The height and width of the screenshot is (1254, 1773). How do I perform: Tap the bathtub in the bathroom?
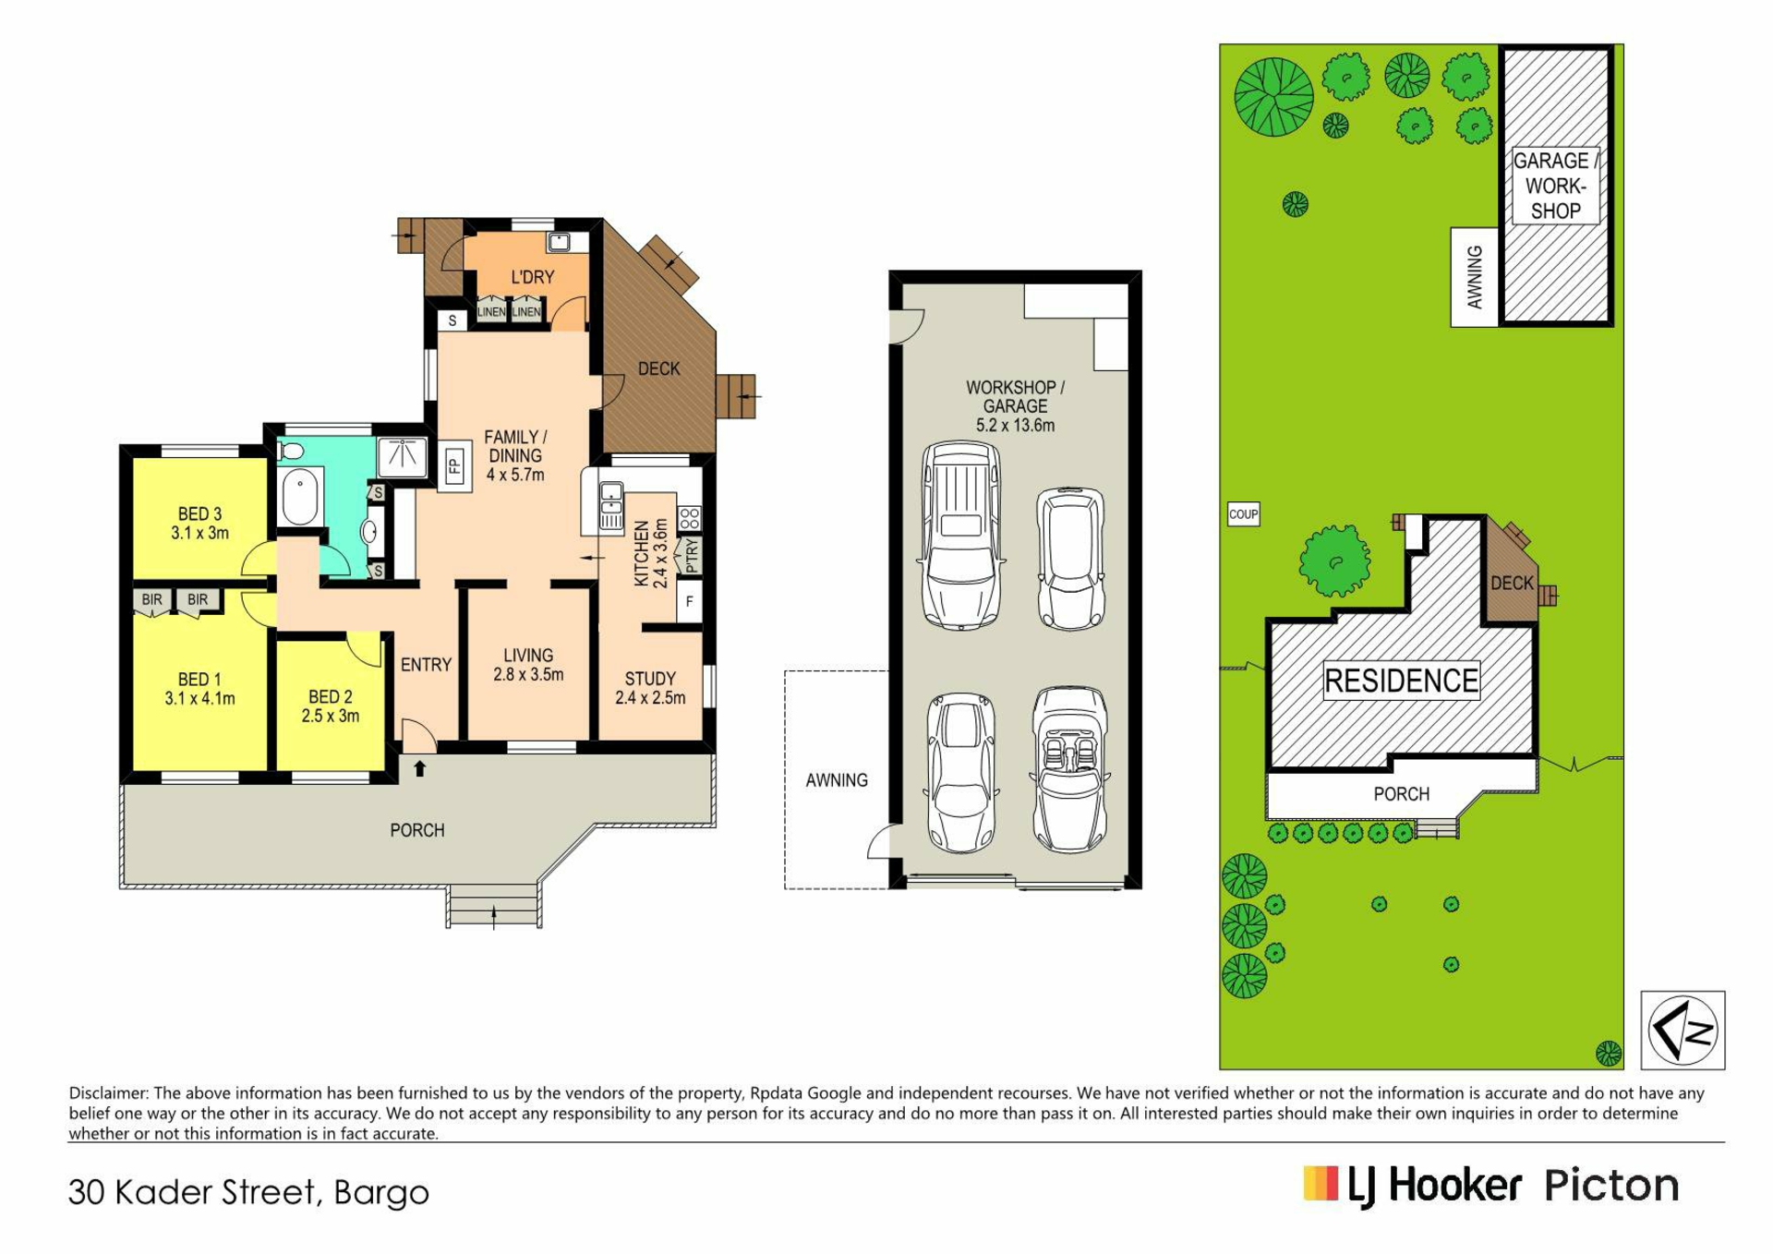pyautogui.click(x=299, y=496)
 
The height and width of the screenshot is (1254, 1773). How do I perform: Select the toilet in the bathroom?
pyautogui.click(x=291, y=451)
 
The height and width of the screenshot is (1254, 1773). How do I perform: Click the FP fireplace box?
pyautogui.click(x=453, y=466)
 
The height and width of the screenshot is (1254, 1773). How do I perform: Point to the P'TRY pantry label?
pyautogui.click(x=691, y=556)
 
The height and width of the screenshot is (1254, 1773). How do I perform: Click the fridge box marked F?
pyautogui.click(x=690, y=601)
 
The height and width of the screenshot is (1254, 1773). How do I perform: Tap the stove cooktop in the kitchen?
pyautogui.click(x=690, y=518)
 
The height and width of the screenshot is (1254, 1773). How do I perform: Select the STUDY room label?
pyautogui.click(x=650, y=679)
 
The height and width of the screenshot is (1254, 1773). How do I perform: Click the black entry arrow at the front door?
pyautogui.click(x=420, y=767)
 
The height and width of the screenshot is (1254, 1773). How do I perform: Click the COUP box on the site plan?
pyautogui.click(x=1243, y=514)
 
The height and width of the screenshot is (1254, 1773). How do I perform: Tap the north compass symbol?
pyautogui.click(x=1683, y=1030)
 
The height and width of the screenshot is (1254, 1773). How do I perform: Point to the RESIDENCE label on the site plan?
pyautogui.click(x=1401, y=681)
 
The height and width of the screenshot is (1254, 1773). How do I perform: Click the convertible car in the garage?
pyautogui.click(x=1070, y=769)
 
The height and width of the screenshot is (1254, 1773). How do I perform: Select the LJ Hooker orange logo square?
pyautogui.click(x=1321, y=1184)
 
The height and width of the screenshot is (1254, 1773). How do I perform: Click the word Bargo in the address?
pyautogui.click(x=381, y=1193)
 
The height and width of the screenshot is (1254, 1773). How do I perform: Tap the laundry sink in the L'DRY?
pyautogui.click(x=559, y=243)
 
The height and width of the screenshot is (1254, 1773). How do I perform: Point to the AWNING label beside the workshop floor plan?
pyautogui.click(x=837, y=780)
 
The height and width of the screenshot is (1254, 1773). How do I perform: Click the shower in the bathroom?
pyautogui.click(x=403, y=456)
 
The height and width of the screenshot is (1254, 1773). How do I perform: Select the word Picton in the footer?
pyautogui.click(x=1611, y=1185)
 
